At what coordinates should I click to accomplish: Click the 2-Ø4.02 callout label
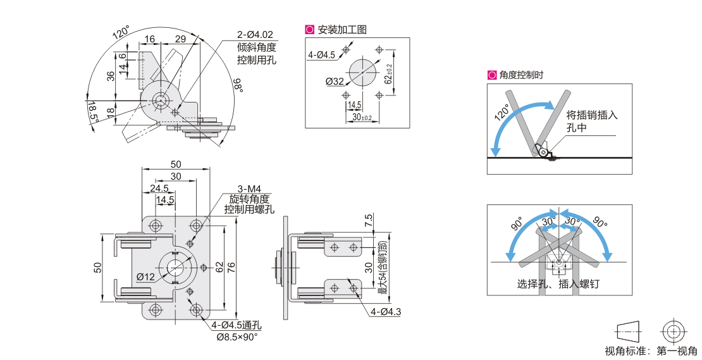(x=255, y=35)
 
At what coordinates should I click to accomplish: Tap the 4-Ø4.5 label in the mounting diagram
(x=321, y=55)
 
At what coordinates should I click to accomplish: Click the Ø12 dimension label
(x=145, y=276)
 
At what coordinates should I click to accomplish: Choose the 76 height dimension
(x=232, y=268)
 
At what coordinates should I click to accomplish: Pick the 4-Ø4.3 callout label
(x=386, y=311)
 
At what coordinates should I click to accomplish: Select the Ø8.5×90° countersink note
(x=237, y=337)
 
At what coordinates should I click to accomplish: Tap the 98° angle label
(x=238, y=85)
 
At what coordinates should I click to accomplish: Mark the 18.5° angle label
(x=93, y=112)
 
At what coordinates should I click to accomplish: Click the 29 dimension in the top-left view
(x=180, y=39)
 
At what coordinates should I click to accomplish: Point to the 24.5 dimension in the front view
(x=159, y=188)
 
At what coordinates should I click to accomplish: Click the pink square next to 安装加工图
(x=310, y=29)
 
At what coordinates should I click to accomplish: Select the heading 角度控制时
(x=521, y=75)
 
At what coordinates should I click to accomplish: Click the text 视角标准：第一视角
(x=651, y=351)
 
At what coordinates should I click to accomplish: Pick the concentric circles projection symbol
(x=672, y=330)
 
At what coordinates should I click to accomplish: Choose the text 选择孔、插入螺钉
(x=558, y=284)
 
